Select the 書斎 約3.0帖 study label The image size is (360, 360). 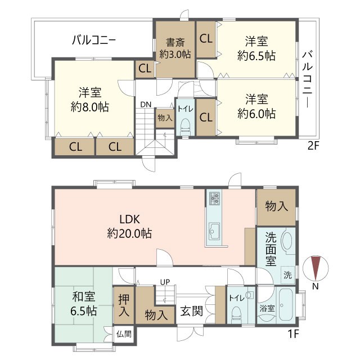175,48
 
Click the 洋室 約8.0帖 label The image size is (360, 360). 90,98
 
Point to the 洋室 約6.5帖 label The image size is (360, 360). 256,48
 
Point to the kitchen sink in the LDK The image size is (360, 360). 214,229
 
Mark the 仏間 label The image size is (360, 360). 123,333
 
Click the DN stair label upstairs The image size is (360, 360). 146,105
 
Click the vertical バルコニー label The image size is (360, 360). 308,79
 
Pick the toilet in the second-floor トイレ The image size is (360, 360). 186,125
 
